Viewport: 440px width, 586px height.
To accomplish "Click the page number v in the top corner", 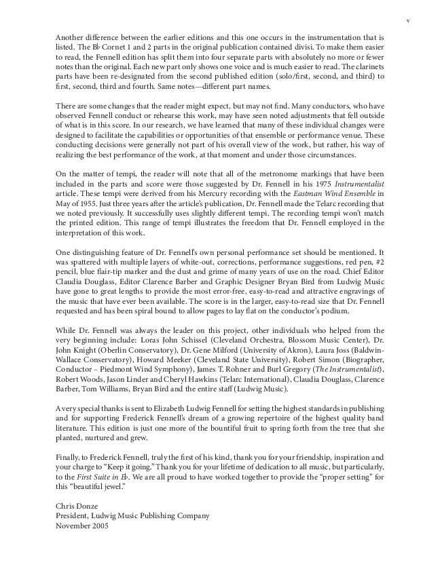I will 407,21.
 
